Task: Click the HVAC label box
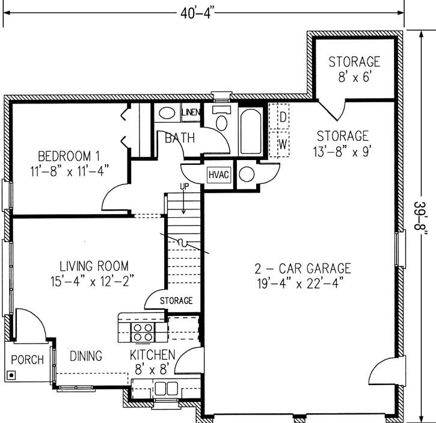pos(217,175)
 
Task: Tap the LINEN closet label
pos(191,113)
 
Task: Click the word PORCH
pos(28,360)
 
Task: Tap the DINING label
pos(85,356)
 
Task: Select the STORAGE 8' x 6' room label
pos(355,68)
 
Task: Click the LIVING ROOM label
pos(93,265)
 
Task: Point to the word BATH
pos(180,138)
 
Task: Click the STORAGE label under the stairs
pos(176,300)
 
